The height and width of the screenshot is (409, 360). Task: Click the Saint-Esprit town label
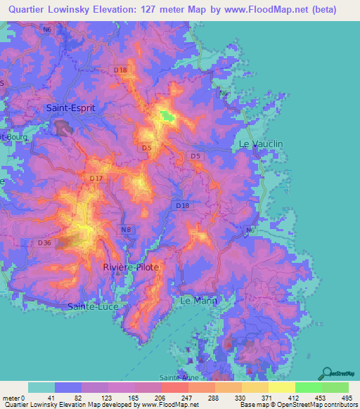[x=70, y=108]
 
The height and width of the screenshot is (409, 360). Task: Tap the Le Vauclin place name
[x=261, y=143]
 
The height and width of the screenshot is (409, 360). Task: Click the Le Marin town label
[x=200, y=300]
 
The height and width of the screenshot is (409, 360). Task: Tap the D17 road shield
[x=96, y=179]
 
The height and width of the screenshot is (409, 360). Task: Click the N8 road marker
[x=126, y=230]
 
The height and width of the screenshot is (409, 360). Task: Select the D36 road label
[x=44, y=243]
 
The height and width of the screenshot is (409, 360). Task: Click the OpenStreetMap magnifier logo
[x=326, y=373]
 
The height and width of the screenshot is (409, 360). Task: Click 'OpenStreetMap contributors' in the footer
[x=319, y=405]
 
